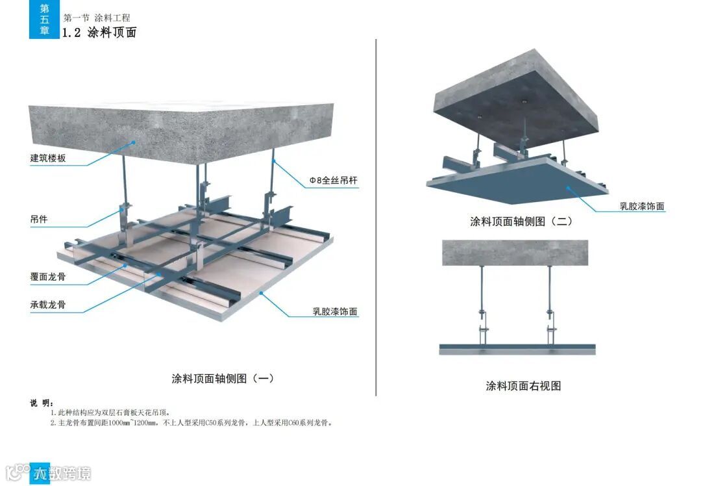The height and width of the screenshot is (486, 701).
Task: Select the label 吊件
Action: pos(38,220)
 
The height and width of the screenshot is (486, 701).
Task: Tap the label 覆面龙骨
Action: pos(47,276)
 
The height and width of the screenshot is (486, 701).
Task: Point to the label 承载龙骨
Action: pos(47,304)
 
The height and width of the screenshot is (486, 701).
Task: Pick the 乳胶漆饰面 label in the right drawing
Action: pos(642,207)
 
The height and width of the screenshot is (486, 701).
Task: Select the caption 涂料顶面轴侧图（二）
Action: pos(521,221)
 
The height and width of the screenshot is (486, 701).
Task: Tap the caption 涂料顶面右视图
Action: pos(523,385)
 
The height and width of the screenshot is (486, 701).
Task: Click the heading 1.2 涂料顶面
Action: pos(99,32)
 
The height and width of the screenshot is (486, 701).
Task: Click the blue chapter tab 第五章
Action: pos(44,19)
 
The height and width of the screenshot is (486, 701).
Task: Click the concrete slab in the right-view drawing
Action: pos(515,253)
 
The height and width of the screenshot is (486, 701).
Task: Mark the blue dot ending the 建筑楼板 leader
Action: pos(134,142)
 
